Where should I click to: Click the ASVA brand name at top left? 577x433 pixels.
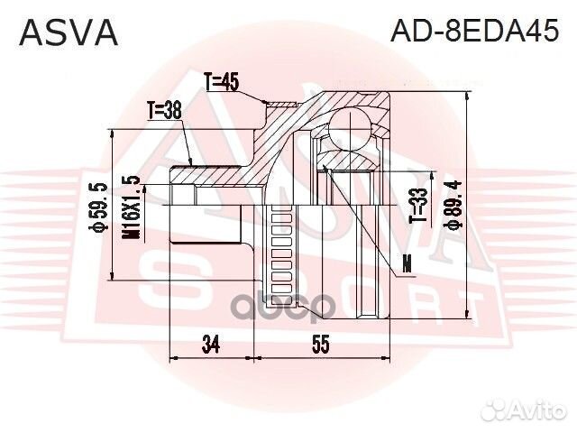pos(69,32)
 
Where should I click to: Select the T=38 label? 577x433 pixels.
pos(164,110)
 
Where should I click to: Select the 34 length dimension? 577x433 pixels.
pos(212,344)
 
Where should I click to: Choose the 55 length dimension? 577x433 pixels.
pos(321,344)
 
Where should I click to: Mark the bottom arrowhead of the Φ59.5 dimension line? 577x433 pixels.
pos(111,278)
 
